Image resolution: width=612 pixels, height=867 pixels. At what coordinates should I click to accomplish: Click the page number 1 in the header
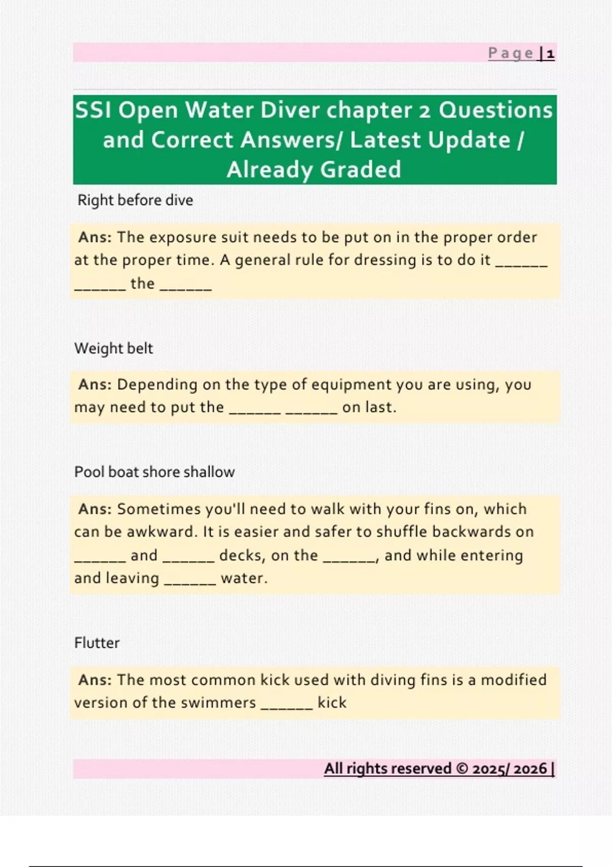point(550,54)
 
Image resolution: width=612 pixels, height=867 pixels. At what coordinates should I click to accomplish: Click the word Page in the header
point(511,54)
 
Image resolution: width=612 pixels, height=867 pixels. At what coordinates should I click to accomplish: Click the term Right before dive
point(135,200)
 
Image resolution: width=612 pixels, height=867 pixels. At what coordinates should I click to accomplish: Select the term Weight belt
point(113,348)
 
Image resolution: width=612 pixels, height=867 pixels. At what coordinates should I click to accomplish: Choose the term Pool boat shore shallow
point(154,472)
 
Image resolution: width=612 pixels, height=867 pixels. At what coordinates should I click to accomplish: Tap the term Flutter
point(96,643)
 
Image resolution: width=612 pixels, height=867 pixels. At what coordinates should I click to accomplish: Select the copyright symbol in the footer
point(462,769)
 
